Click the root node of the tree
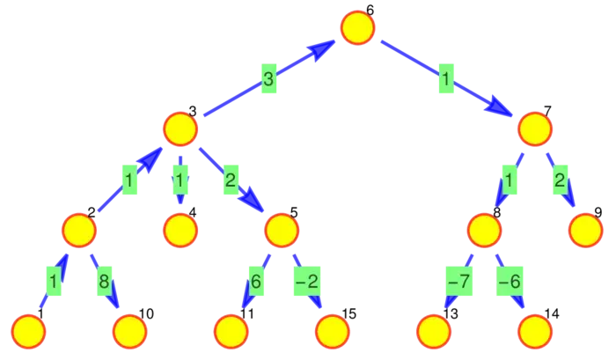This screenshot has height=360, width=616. (357, 27)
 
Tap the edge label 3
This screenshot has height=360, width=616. (268, 80)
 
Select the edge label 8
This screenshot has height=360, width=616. (103, 283)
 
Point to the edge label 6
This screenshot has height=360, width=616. (255, 283)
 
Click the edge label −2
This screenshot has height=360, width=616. (306, 283)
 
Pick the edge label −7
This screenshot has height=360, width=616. (458, 283)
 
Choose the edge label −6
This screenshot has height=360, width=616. (510, 283)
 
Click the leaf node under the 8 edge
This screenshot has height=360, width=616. (130, 332)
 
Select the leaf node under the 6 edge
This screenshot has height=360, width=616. (231, 332)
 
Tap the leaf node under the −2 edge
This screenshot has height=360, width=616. (332, 332)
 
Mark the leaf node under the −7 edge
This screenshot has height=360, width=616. (433, 332)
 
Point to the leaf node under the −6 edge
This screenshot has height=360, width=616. (534, 332)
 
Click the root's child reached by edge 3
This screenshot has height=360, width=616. (180, 129)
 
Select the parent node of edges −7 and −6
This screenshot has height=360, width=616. (484, 231)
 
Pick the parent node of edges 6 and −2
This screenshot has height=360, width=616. (281, 231)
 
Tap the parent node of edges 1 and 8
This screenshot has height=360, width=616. (79, 231)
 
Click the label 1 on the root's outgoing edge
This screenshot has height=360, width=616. (446, 80)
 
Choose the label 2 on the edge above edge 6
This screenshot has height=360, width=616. (231, 181)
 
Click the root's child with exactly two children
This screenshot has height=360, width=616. (534, 129)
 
